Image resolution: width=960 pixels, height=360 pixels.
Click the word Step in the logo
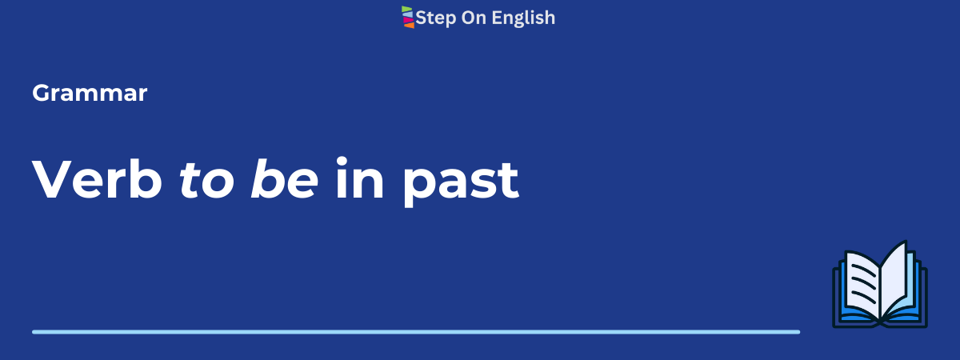[436, 18]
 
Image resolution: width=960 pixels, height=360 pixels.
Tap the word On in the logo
[474, 18]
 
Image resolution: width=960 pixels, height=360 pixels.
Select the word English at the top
[523, 18]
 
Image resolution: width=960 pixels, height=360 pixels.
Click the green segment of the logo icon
[406, 9]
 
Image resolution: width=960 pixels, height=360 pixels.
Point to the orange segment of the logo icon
[409, 26]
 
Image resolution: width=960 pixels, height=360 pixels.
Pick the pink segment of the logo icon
[408, 20]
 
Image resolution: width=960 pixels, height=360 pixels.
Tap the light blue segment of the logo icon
[407, 14]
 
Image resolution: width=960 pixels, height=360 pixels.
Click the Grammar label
[90, 93]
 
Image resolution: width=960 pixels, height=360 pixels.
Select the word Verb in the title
[98, 178]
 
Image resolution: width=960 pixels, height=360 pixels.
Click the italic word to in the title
[207, 180]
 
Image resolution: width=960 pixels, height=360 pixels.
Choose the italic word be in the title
[285, 178]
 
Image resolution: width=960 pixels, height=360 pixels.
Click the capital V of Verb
[54, 178]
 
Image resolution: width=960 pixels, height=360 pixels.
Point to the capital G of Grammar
[42, 93]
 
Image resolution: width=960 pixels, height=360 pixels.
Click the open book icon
[880, 285]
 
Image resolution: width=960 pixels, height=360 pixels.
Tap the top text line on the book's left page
[863, 271]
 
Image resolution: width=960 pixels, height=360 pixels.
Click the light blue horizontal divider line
[416, 332]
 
